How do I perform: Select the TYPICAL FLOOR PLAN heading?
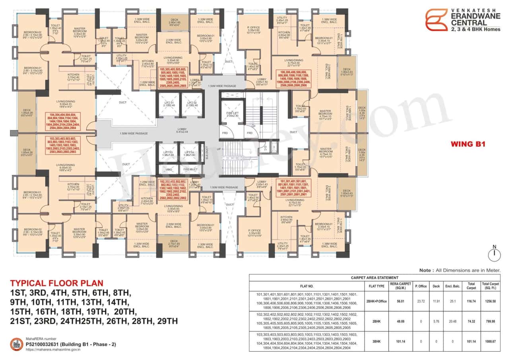pos(56,283)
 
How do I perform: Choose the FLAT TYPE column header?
pos(376,286)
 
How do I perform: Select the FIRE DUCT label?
pos(189,169)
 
